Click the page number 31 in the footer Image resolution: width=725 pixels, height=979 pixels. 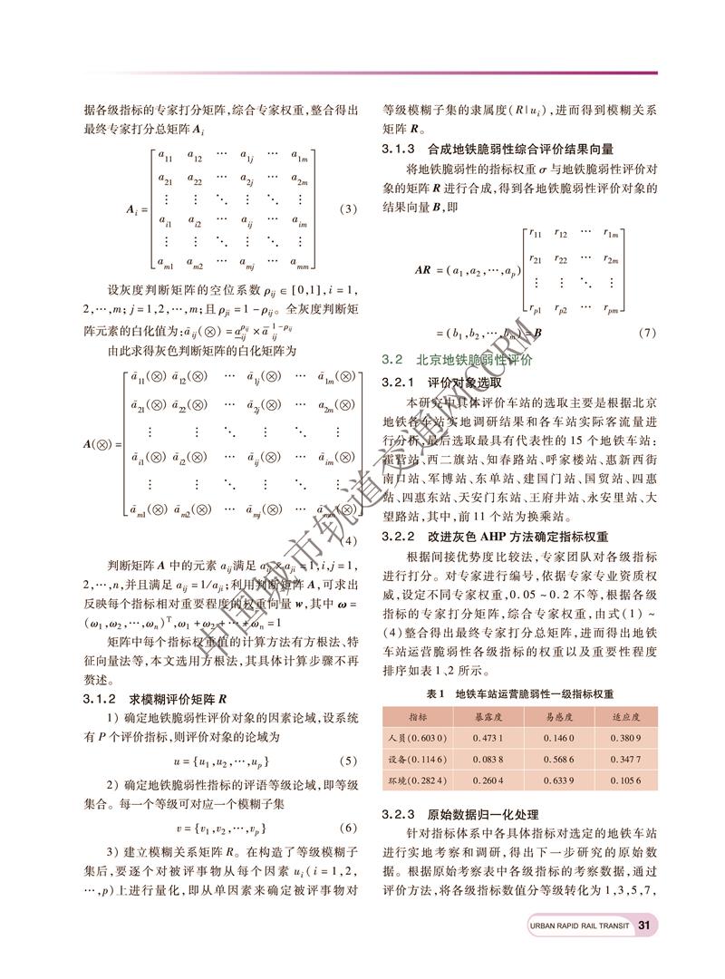pos(644,926)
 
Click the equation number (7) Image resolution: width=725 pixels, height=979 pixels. pos(646,333)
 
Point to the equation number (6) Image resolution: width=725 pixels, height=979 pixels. pos(348,829)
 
